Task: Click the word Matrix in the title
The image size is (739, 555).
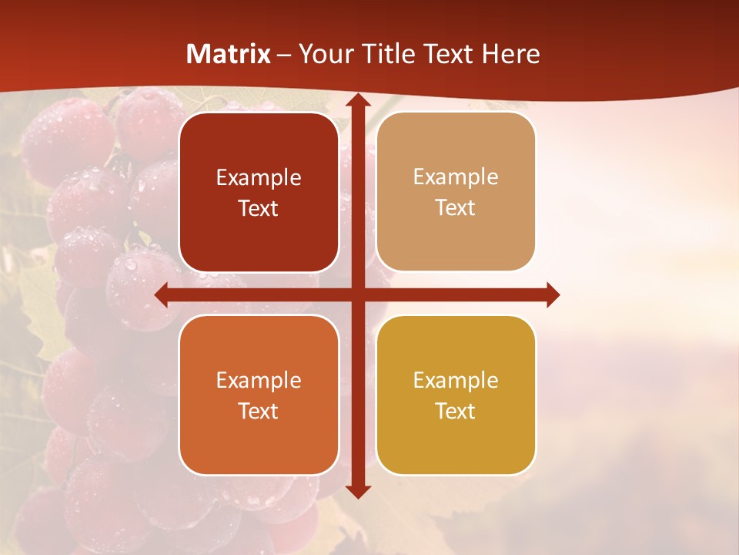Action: click(229, 54)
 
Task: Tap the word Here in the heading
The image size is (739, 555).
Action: click(510, 54)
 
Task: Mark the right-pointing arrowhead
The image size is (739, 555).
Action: click(552, 295)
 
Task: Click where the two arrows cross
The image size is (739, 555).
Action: click(357, 295)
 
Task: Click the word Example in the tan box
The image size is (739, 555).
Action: click(456, 177)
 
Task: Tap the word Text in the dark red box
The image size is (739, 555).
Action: click(259, 209)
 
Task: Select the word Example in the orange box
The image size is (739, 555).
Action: click(259, 380)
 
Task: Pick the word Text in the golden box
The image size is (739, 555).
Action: click(456, 411)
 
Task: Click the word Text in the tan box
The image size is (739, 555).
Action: click(456, 208)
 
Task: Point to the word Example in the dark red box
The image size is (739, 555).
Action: click(259, 178)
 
